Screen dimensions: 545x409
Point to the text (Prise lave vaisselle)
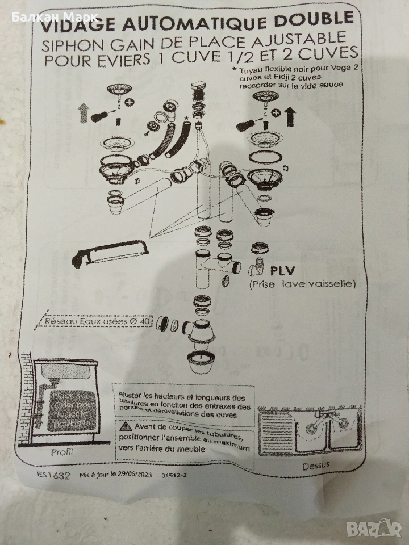pyautogui.click(x=302, y=284)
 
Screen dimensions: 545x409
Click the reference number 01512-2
pyautogui.click(x=174, y=475)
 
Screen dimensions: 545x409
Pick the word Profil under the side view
pyautogui.click(x=62, y=452)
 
